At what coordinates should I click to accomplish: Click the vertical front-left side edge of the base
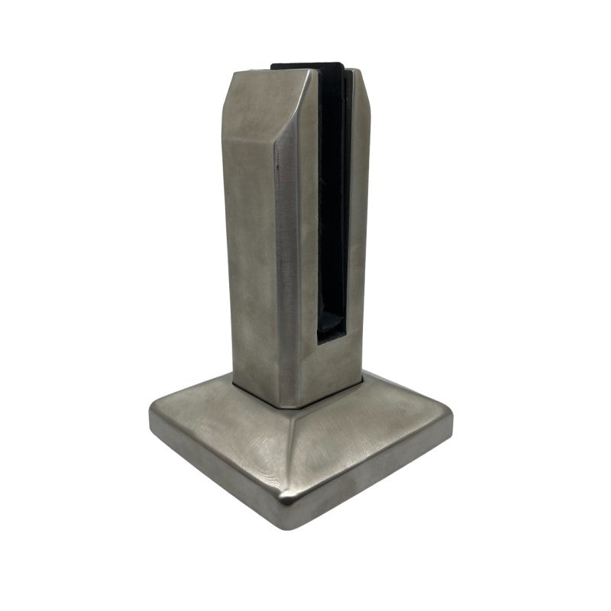[x=214, y=474]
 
